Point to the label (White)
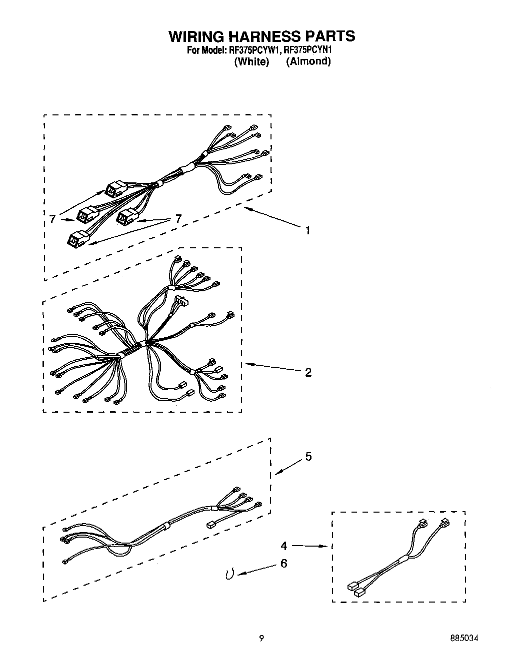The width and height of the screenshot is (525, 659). coord(251,61)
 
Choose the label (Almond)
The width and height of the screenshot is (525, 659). coord(308,61)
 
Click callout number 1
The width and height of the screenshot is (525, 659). coord(308,230)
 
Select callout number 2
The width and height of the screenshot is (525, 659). coord(308,372)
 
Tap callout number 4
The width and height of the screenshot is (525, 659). coord(284,546)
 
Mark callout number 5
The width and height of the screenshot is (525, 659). coord(308,457)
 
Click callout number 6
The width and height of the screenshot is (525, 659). coord(284,564)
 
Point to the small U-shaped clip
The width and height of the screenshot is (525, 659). coord(229,575)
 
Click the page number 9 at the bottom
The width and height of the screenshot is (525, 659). coord(261,638)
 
